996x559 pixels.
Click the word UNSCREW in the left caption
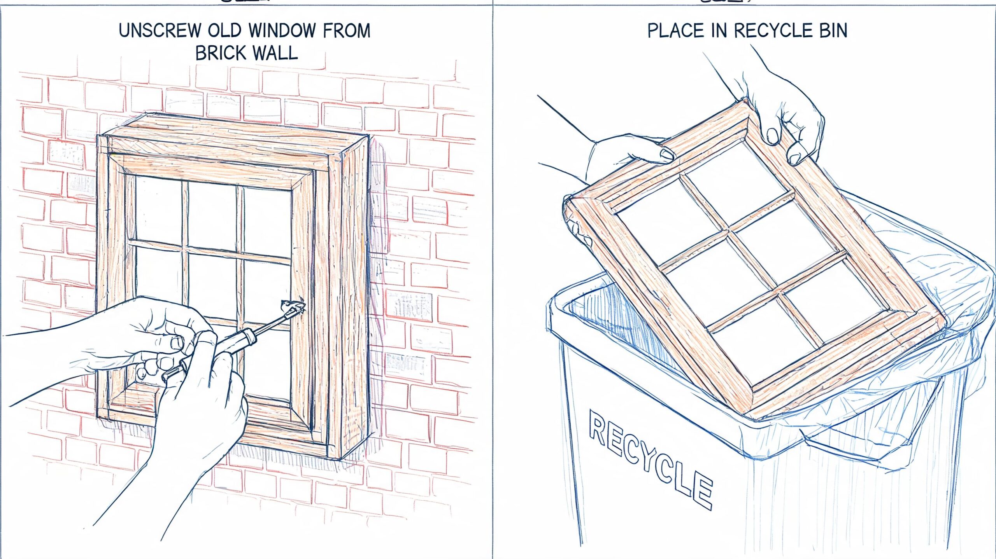160,31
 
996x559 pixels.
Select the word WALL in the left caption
275,53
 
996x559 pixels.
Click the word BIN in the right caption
833,31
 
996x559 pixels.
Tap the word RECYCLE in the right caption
773,31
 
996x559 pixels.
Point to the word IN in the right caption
719,31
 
